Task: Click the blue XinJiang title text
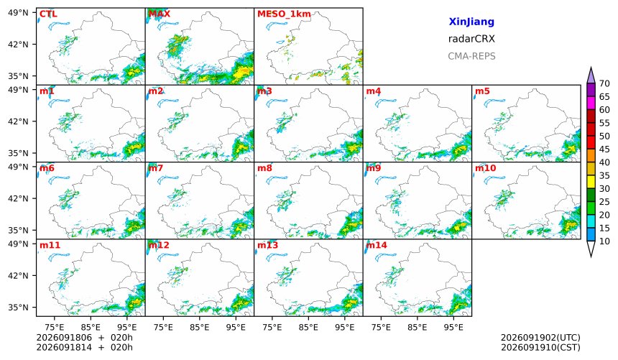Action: (471, 22)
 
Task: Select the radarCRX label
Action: (471, 39)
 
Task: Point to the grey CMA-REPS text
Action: (471, 56)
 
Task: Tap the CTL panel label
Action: (48, 14)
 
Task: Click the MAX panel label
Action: (160, 14)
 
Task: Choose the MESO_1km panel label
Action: (284, 14)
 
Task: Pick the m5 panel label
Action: (482, 91)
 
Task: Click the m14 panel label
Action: (377, 245)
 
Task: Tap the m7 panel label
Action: (156, 168)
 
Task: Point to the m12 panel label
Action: (159, 245)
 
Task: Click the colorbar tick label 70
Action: (604, 83)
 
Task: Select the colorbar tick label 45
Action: (604, 149)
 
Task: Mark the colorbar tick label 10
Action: (604, 241)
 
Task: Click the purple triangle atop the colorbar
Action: (591, 76)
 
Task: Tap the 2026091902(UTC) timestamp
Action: (540, 338)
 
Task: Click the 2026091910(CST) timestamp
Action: (540, 347)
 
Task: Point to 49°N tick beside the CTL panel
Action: (18, 13)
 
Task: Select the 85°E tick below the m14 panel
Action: (417, 327)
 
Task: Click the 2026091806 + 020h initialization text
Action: (84, 338)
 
